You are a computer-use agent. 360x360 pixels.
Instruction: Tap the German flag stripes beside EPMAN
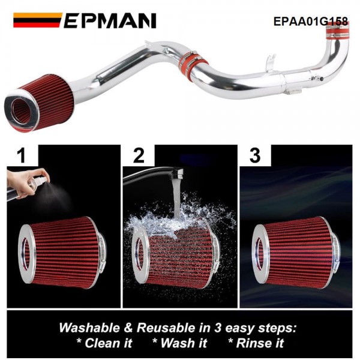[37, 21]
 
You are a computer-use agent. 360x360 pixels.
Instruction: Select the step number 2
[139, 157]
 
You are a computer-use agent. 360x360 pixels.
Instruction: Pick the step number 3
[255, 157]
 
